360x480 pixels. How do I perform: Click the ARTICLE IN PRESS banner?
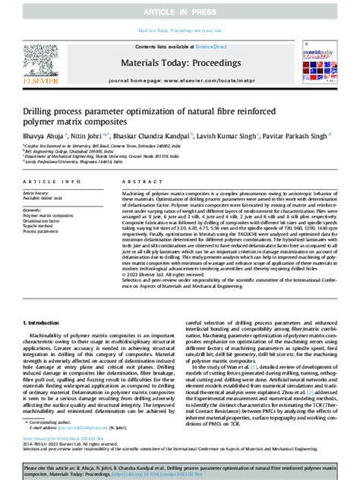coord(179,12)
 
